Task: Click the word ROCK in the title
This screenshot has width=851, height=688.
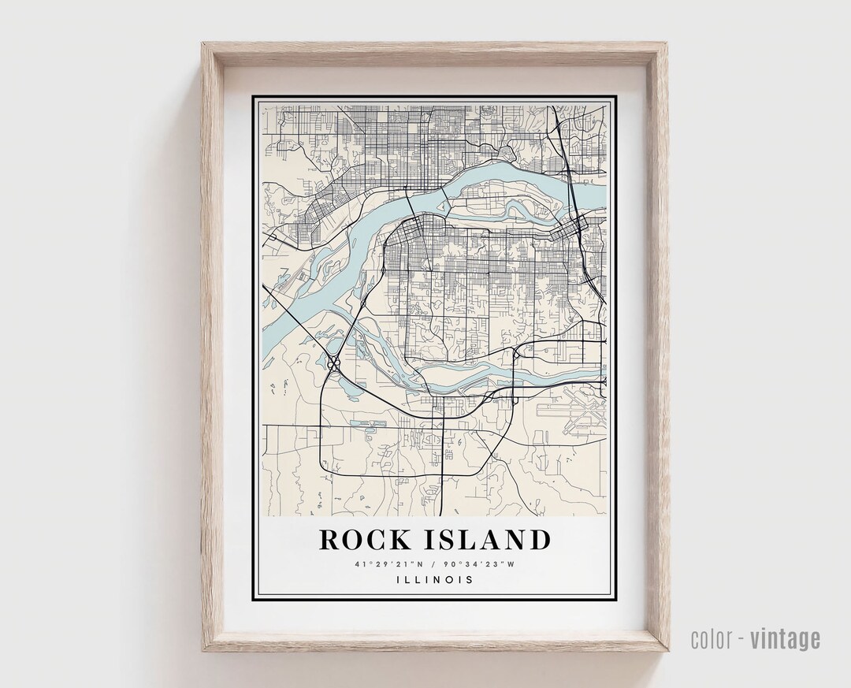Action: pos(365,540)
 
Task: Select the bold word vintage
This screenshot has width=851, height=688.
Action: pos(785,639)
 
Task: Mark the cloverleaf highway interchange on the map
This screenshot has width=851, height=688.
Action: pos(334,363)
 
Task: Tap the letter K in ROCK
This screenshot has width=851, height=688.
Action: pos(399,540)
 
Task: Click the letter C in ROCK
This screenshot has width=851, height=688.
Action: pos(377,540)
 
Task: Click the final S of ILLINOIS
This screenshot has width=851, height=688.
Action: pos(470,580)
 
